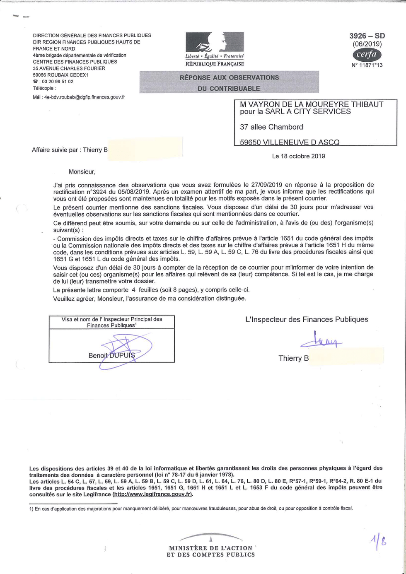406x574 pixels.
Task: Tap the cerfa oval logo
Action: click(x=367, y=55)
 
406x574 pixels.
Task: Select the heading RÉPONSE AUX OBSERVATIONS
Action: click(x=229, y=77)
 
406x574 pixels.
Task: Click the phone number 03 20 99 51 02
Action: click(x=57, y=82)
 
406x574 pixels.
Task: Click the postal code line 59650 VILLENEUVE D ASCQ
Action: click(x=290, y=142)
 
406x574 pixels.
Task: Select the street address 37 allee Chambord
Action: click(x=271, y=127)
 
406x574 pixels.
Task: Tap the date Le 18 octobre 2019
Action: click(x=298, y=156)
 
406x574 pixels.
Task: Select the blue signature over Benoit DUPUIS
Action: click(x=124, y=350)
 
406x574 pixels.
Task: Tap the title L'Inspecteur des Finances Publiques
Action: click(x=307, y=319)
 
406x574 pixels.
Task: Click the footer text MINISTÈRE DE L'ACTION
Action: click(x=210, y=548)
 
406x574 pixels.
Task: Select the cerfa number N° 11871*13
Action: click(x=367, y=65)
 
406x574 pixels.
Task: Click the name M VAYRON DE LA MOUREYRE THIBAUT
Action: click(x=312, y=104)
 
